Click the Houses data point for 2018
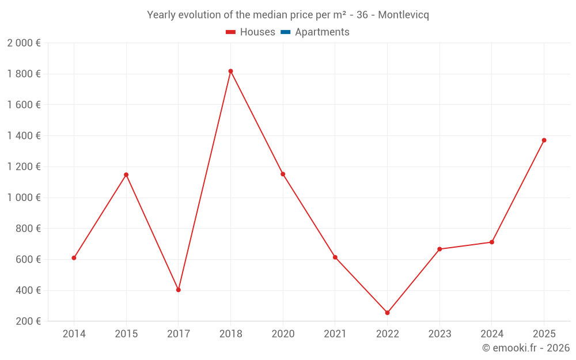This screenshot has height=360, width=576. click(230, 71)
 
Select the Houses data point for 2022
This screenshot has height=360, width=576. click(387, 313)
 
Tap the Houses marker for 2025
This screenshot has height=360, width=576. click(544, 140)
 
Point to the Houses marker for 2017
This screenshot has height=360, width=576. click(179, 290)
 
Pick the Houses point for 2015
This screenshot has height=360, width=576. click(126, 175)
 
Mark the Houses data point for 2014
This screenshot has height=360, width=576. click(74, 258)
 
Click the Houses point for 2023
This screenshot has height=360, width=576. click(439, 249)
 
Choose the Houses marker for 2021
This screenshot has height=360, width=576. click(335, 257)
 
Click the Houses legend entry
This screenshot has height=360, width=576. click(251, 32)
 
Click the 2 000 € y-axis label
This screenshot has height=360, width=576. click(24, 43)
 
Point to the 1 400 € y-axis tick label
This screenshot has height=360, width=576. click(24, 136)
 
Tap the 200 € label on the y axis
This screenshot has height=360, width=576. click(28, 321)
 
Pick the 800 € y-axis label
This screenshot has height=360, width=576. click(28, 229)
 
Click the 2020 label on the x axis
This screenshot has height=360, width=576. click(283, 334)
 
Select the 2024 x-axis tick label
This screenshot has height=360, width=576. click(492, 334)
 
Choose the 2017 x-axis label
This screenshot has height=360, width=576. click(179, 334)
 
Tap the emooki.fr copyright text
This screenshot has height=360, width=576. click(526, 348)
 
